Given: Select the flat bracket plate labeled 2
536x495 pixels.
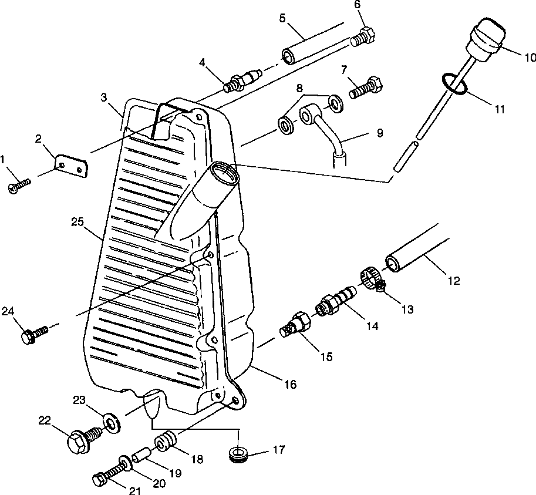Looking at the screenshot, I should [x=71, y=165].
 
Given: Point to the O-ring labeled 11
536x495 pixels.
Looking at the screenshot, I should [x=455, y=85].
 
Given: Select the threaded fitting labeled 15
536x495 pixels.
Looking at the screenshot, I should [x=296, y=325].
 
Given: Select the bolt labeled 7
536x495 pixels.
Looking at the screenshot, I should [x=367, y=87].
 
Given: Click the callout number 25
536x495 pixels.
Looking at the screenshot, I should [x=78, y=223].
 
